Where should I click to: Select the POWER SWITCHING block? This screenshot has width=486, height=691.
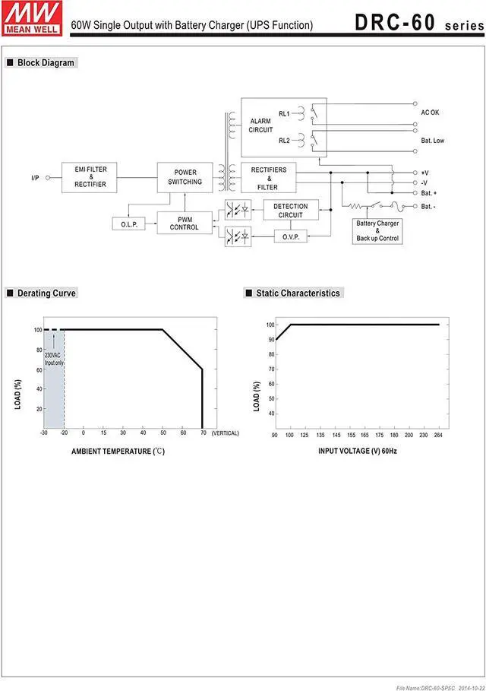click(x=185, y=177)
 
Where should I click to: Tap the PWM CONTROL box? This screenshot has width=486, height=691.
click(x=185, y=223)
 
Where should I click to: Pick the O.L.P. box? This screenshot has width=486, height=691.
click(x=127, y=224)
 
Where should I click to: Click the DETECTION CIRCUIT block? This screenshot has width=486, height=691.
click(x=290, y=211)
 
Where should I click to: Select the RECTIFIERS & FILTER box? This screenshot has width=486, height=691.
click(x=268, y=178)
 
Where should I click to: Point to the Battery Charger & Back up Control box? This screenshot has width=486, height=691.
click(x=377, y=231)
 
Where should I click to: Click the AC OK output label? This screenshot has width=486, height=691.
click(x=430, y=113)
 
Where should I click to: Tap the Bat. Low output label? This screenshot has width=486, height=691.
click(x=432, y=141)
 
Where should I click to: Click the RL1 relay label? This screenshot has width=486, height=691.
click(x=284, y=113)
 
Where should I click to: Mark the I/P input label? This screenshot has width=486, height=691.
click(x=35, y=178)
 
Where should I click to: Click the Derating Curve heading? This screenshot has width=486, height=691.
click(x=46, y=293)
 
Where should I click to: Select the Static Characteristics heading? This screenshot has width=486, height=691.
click(x=298, y=293)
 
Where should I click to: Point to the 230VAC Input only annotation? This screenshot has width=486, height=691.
click(x=54, y=359)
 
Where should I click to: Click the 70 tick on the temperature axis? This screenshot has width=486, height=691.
click(x=203, y=433)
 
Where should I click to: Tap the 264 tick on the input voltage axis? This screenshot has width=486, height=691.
click(x=439, y=435)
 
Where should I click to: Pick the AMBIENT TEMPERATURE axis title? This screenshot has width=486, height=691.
click(x=118, y=451)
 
